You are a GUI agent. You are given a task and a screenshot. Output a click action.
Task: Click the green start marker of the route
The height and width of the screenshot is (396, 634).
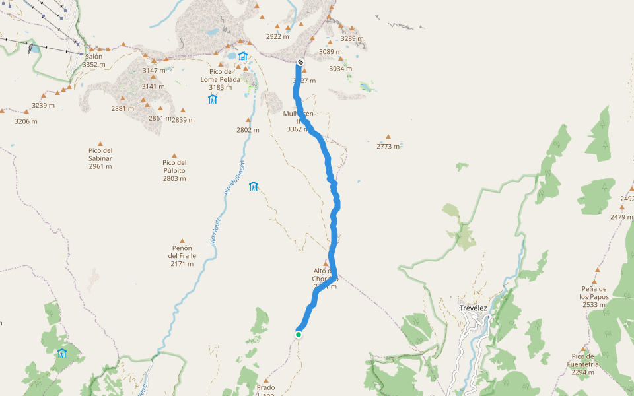click(x=299, y=335)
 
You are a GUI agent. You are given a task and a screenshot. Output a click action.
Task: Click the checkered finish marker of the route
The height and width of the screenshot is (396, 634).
click(x=300, y=63)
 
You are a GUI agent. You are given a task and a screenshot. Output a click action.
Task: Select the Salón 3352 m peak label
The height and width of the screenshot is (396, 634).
click(x=94, y=61)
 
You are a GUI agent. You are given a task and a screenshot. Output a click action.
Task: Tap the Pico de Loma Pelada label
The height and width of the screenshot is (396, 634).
click(x=221, y=79)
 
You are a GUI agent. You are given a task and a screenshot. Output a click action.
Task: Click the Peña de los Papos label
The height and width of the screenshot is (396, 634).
click(x=594, y=296)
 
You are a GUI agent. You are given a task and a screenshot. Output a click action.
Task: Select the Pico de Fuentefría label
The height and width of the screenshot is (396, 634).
click(x=582, y=364)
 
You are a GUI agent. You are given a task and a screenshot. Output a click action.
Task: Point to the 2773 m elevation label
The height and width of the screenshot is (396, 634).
click(x=388, y=146)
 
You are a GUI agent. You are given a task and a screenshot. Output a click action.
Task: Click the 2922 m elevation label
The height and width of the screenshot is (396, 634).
click(x=277, y=37)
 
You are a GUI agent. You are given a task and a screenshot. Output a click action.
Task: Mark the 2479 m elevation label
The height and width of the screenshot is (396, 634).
click(x=621, y=216)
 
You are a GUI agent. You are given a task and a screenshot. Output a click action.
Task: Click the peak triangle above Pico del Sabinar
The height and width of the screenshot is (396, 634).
click(x=100, y=143)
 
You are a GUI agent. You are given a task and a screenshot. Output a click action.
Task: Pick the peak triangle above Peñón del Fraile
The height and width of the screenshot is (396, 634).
click(x=182, y=241)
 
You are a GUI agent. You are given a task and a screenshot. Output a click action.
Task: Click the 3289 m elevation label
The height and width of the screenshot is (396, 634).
click(x=352, y=38)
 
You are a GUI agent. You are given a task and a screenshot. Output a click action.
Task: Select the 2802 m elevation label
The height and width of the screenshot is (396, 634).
click(x=248, y=130)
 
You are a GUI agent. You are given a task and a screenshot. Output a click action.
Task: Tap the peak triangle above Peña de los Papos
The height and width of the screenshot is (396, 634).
click(x=596, y=270)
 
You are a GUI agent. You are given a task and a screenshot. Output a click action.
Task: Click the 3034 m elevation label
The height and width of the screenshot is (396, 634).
click(x=341, y=69)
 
